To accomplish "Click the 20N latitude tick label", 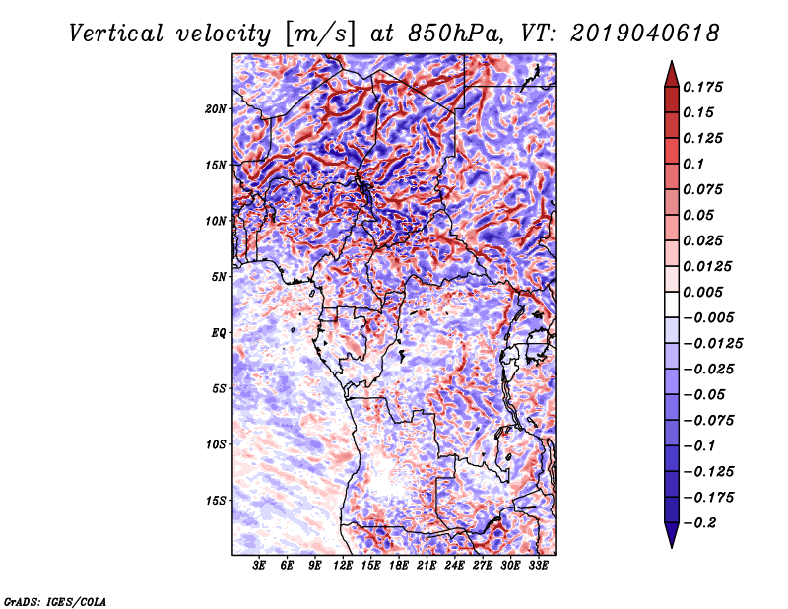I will (216, 108).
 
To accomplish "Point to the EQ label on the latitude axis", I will (219, 333).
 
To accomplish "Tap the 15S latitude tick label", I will (216, 501).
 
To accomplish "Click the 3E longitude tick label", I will (260, 566).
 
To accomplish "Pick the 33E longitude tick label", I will (538, 566).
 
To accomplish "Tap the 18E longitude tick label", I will (399, 566).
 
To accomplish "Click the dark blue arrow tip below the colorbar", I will (671, 541).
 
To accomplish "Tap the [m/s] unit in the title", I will (320, 33).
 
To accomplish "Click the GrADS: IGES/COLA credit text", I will (54, 600).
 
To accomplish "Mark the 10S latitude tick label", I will (216, 444).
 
